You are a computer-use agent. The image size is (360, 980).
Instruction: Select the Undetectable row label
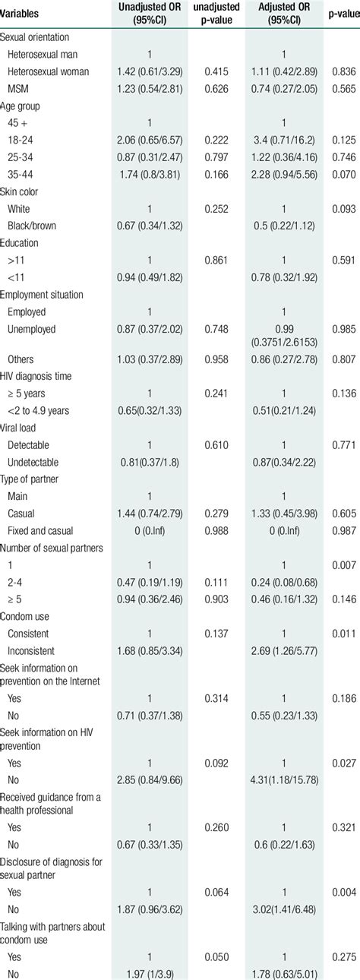coord(33,461)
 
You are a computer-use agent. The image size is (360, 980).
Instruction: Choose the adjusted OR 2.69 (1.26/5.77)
coord(282,672)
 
